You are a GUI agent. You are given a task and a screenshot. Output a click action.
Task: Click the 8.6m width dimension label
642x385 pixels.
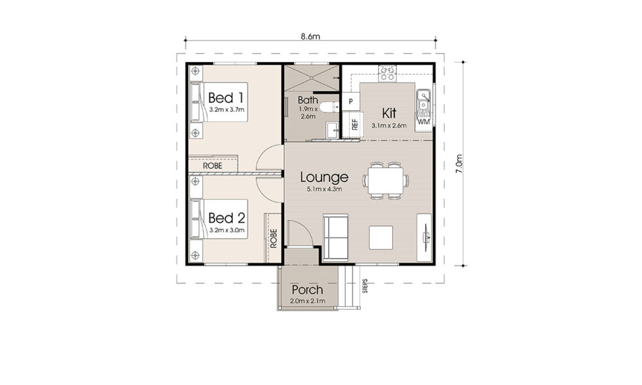point(310,37)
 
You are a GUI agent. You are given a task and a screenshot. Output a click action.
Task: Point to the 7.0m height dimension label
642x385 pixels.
point(459,164)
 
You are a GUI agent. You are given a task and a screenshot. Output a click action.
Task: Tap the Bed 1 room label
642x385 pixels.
point(226,98)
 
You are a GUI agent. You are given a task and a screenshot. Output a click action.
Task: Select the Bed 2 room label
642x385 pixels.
point(226,218)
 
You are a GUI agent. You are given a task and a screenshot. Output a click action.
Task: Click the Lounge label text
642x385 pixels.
point(325,177)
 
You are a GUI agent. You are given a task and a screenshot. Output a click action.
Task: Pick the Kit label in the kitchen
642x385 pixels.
point(389,113)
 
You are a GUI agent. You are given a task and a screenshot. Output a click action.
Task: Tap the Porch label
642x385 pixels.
point(307,290)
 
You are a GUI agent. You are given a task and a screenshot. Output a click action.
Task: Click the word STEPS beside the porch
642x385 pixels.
point(365,286)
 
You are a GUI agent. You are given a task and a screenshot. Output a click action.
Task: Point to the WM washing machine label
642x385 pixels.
point(423,122)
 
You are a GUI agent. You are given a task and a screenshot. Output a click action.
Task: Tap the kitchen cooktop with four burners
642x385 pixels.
point(387,74)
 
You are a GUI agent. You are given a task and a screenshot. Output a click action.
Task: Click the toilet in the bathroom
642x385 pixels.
point(329,107)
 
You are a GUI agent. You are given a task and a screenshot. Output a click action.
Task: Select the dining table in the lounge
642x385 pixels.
point(385,181)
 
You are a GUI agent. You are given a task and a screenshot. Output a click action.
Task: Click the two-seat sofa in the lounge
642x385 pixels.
point(336,237)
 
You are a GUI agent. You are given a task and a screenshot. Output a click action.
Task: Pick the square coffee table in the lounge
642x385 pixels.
point(381,238)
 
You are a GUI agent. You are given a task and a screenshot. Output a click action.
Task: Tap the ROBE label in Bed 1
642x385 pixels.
point(213,166)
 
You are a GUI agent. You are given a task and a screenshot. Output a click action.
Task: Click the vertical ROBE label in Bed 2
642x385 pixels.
point(274,238)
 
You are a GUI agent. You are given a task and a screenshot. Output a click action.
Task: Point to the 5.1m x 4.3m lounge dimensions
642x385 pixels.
point(325,189)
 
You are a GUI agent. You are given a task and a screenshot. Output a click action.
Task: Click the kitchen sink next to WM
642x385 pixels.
point(423,101)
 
